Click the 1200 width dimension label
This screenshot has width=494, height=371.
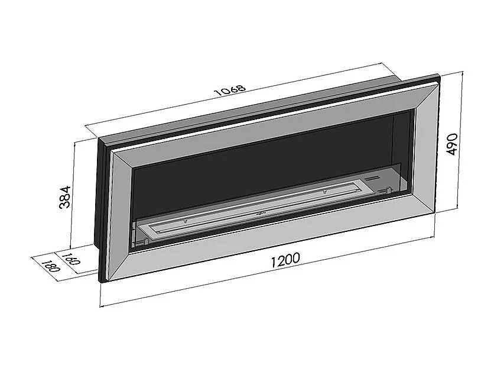click(x=285, y=260)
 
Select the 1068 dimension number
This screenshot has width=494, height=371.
click(x=229, y=89)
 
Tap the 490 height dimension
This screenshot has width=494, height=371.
click(x=452, y=144)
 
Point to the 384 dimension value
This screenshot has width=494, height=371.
click(x=65, y=197)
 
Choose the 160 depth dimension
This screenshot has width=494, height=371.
click(x=72, y=258)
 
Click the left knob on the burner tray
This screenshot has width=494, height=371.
click(x=186, y=220)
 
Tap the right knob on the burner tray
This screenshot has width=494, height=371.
click(x=324, y=191)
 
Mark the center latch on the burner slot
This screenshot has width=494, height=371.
click(x=261, y=214)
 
